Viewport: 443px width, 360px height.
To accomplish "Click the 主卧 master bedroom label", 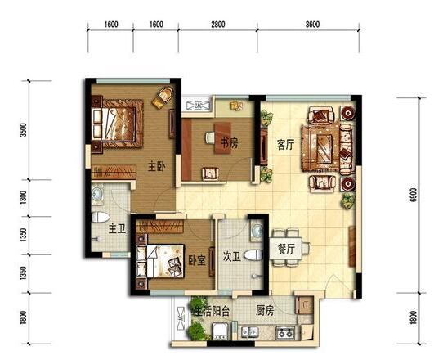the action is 156,167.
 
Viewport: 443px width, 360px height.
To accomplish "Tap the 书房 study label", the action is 229,143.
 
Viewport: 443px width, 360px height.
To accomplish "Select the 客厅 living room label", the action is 285,145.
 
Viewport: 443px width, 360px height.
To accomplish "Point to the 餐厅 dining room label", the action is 286,250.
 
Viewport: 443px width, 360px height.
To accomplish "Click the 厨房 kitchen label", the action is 265,311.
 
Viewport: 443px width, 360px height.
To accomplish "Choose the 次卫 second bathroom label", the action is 232,257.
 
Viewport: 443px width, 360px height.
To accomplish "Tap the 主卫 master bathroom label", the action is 117,228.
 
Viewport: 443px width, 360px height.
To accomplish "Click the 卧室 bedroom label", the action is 197,261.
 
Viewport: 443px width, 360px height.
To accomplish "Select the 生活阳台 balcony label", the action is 211,312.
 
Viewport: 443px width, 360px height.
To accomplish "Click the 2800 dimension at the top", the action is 218,25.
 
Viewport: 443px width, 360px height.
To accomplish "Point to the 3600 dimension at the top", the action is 312,25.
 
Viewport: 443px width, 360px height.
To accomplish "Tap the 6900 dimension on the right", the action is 413,195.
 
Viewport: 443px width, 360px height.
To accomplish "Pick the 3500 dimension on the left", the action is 24,130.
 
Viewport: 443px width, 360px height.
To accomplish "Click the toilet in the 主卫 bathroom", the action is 101,217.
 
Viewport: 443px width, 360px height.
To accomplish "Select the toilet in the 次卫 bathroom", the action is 253,255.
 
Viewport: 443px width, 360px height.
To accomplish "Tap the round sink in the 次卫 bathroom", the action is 257,230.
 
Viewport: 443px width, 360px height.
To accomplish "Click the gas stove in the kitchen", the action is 285,333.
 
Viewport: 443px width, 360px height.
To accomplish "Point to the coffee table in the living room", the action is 324,148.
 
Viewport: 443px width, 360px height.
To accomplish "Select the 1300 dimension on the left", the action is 24,198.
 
